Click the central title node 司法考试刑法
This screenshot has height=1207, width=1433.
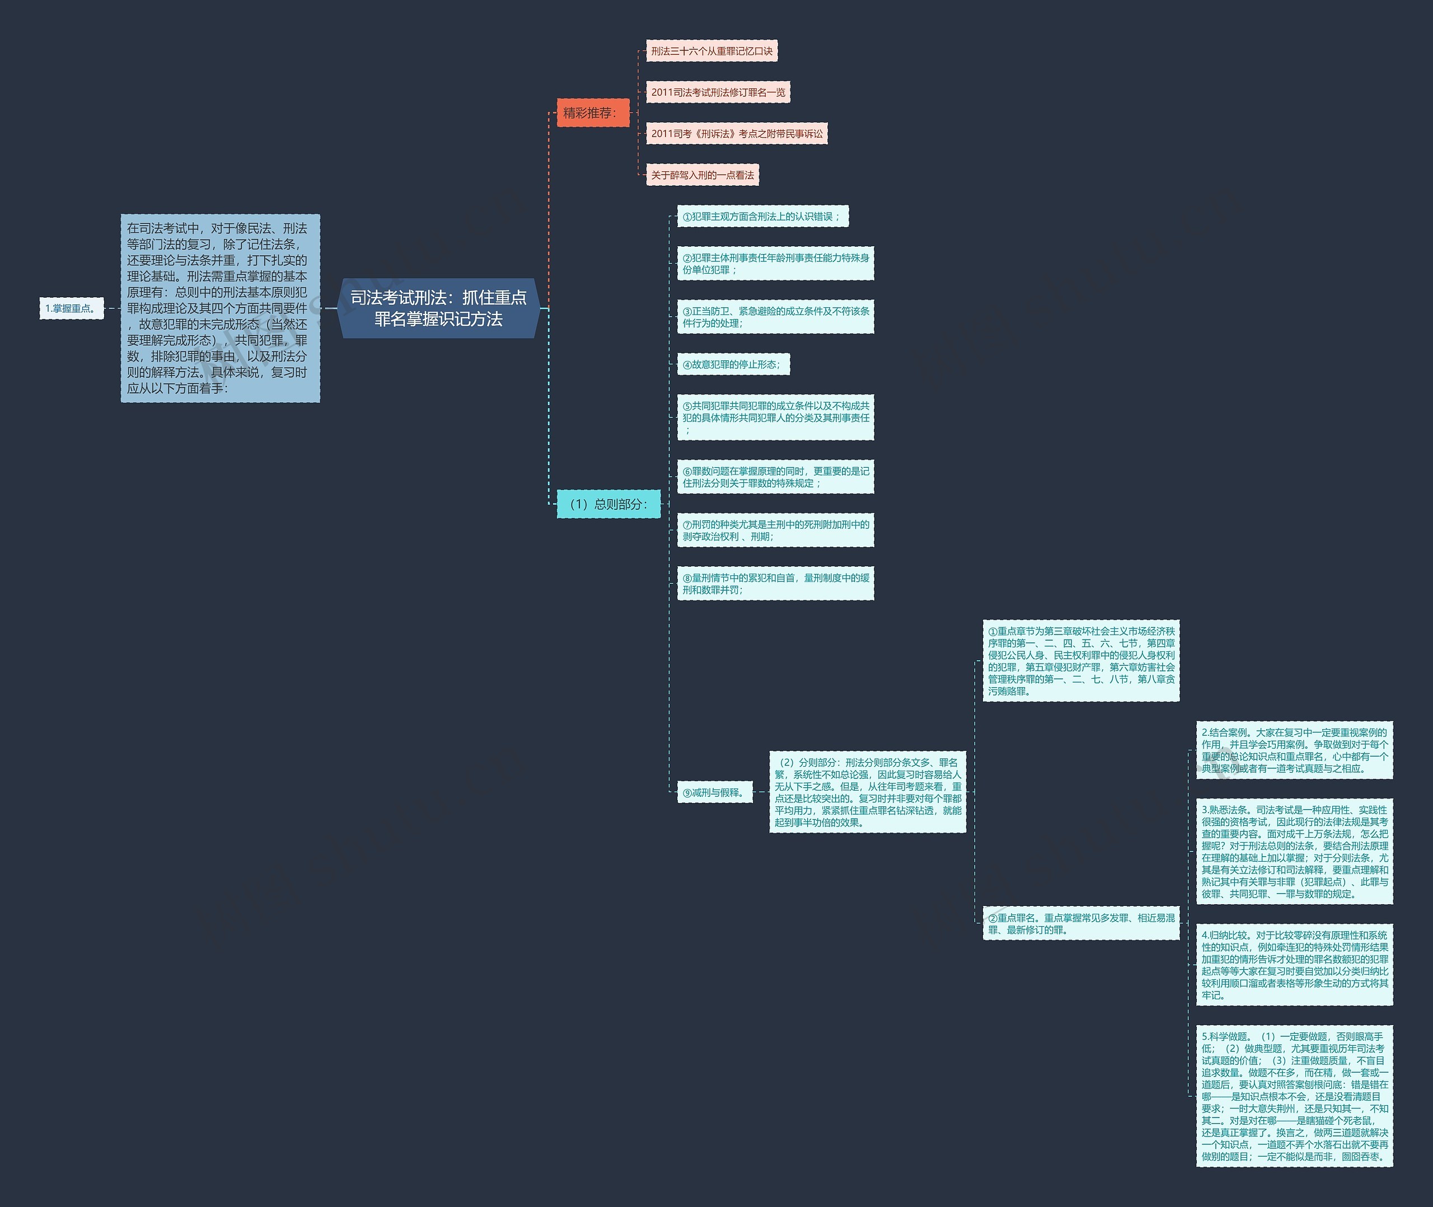pos(439,308)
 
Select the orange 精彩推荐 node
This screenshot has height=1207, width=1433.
pos(592,113)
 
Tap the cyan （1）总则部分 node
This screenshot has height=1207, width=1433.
pos(608,504)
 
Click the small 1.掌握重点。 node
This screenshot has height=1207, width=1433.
pos(71,308)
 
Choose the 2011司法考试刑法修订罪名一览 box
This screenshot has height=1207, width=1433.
pos(718,92)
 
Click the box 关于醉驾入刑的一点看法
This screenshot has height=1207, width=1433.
pos(702,175)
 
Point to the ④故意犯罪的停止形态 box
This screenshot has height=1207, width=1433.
pos(732,365)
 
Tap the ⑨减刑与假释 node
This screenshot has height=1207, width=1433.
pos(714,793)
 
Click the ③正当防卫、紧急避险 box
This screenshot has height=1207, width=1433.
pos(775,317)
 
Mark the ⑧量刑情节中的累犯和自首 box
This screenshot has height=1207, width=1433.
pos(775,584)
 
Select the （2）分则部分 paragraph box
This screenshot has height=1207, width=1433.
pos(867,792)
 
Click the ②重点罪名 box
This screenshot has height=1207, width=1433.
pos(1080,924)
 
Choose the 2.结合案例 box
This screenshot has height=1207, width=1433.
pos(1294,750)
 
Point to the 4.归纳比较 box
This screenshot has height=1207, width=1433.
pos(1294,965)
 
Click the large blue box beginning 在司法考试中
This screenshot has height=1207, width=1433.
pos(219,308)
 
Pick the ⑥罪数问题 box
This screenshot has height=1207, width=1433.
pos(775,477)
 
